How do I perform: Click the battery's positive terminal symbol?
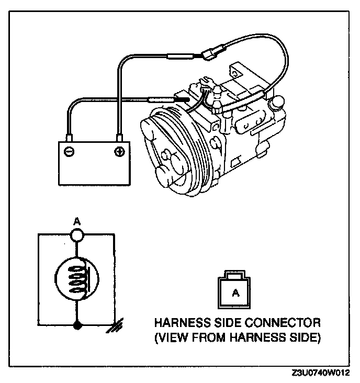(x=119, y=152)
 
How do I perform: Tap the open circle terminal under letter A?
(x=77, y=235)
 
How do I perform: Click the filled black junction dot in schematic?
(x=77, y=325)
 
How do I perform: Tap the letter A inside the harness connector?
(x=235, y=294)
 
